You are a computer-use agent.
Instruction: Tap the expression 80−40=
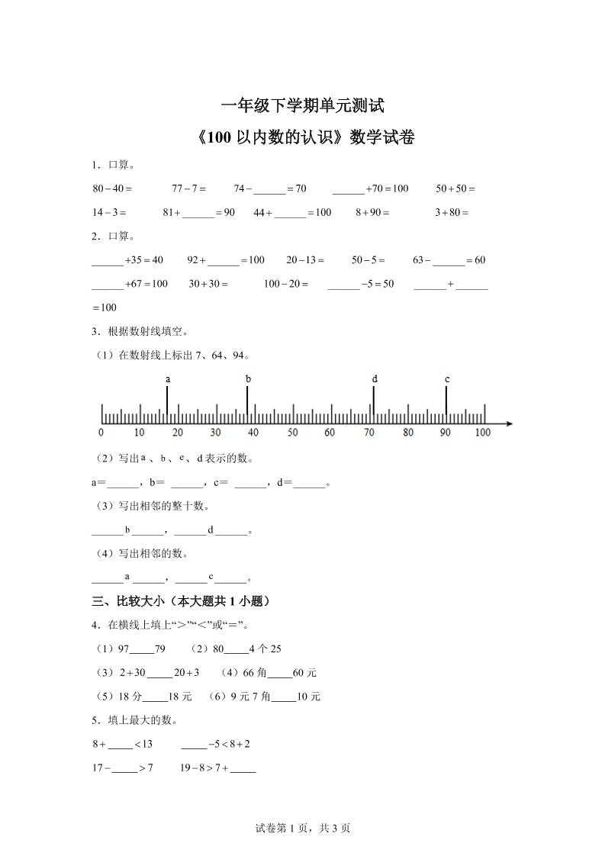pos(112,188)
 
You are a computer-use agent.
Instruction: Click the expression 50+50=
pos(455,188)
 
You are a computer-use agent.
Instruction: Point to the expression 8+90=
pos(372,213)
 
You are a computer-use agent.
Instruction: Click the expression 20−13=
pos(305,260)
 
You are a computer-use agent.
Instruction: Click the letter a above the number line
pos(167,378)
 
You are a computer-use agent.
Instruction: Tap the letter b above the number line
pos(248,378)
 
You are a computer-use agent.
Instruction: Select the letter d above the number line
pos(374,378)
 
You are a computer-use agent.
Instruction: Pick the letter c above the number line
pos(446,378)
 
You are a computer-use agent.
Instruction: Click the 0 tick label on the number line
pos(101,433)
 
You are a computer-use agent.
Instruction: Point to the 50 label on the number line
pos(292,433)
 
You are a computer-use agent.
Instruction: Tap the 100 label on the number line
pos(482,433)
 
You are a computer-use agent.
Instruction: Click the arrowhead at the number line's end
pos(509,423)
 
